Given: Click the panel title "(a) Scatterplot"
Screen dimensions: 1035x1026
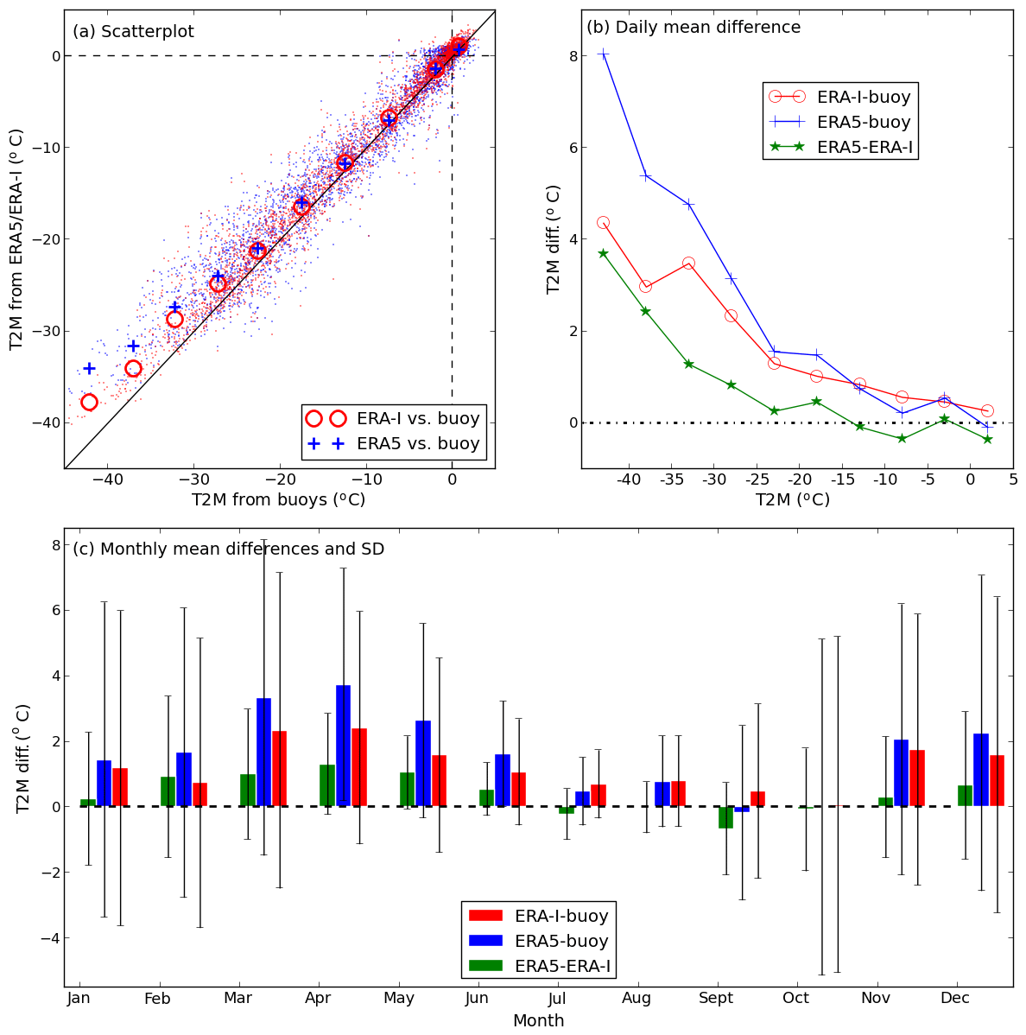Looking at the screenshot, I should coord(133,32).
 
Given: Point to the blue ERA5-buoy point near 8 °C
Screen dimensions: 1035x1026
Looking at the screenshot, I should coord(603,54).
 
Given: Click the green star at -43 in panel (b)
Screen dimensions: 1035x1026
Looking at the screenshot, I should coord(603,253).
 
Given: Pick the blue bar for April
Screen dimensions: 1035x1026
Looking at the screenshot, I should coord(343,746).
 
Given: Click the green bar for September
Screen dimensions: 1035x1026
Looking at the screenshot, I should coord(725,817).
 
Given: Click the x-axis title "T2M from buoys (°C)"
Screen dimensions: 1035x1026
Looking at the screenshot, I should coord(278,500).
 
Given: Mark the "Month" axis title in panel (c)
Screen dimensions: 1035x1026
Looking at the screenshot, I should coord(538,1021).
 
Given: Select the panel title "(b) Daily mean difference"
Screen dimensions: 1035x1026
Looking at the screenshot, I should coord(693,28).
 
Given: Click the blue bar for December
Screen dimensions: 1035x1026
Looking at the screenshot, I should coord(980,770).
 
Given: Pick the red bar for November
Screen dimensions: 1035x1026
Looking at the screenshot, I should coord(917,778).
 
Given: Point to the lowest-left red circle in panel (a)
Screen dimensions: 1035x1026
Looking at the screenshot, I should coord(89,402).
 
